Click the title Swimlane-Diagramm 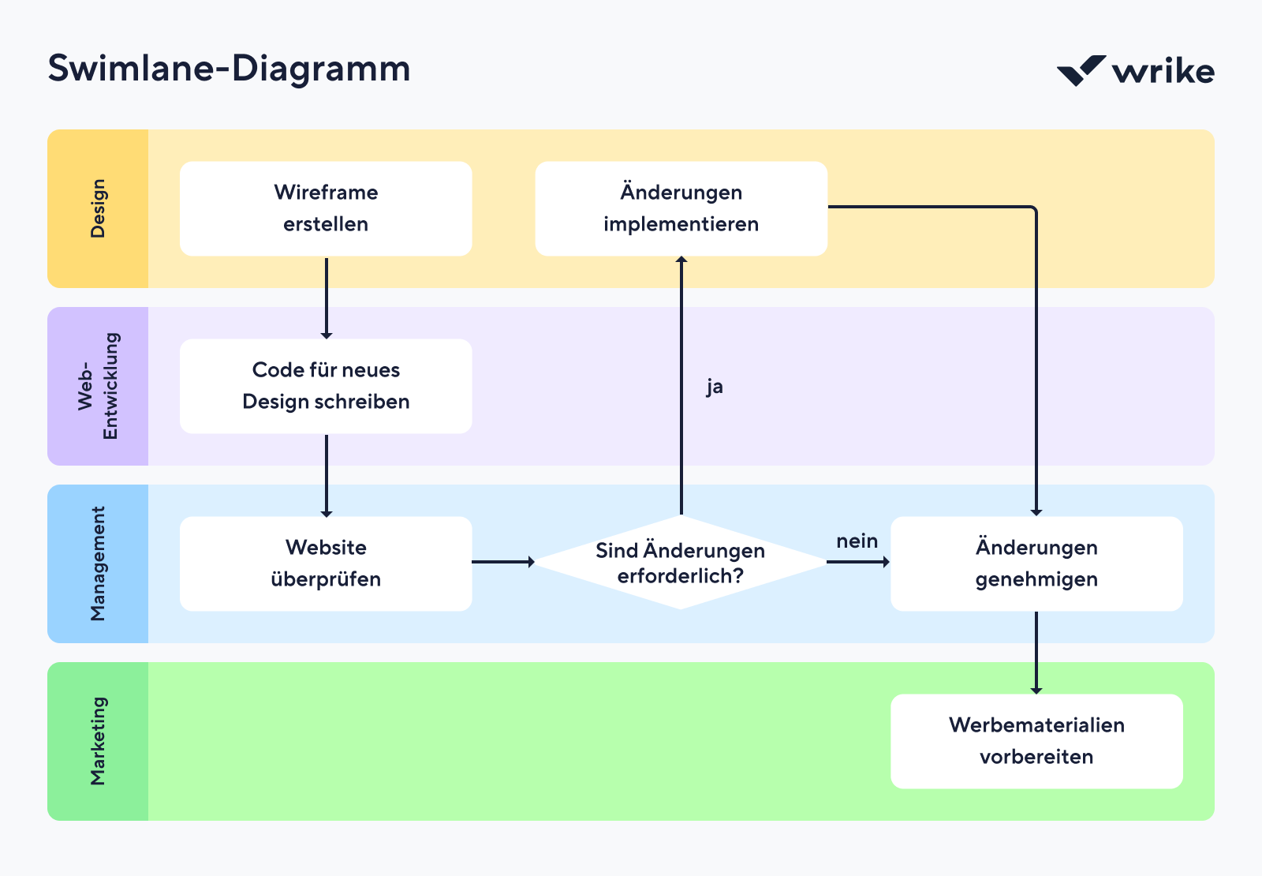(229, 69)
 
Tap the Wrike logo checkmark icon (1080, 71)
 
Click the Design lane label (98, 208)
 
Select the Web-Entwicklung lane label (98, 386)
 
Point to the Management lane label (98, 563)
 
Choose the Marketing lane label (98, 741)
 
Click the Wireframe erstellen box (326, 208)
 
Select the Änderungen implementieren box (681, 208)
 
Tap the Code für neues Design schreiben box (326, 386)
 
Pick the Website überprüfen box (326, 563)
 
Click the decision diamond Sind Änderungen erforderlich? (680, 563)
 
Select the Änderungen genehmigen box (1036, 563)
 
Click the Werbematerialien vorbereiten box (1036, 741)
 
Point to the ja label (715, 387)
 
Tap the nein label (857, 541)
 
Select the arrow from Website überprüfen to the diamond (502, 562)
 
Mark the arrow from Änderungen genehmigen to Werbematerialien (1036, 652)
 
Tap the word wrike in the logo (1163, 71)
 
